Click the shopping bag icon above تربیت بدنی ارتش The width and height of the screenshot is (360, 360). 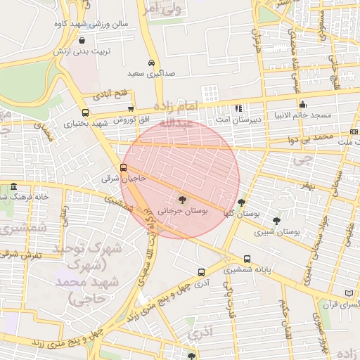(x=84, y=41)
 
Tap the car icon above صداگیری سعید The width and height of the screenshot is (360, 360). (x=151, y=62)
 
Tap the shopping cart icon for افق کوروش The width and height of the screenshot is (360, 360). (x=131, y=108)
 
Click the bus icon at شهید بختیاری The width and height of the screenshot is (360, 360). (x=85, y=112)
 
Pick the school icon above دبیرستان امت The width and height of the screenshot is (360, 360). (x=238, y=108)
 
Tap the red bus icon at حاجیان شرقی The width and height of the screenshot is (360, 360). (x=124, y=167)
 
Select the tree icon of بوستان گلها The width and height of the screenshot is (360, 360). (x=241, y=202)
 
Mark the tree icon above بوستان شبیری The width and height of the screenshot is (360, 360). (x=276, y=220)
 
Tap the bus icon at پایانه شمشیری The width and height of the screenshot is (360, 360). (x=247, y=258)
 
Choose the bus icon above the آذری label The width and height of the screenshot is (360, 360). (x=202, y=272)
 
